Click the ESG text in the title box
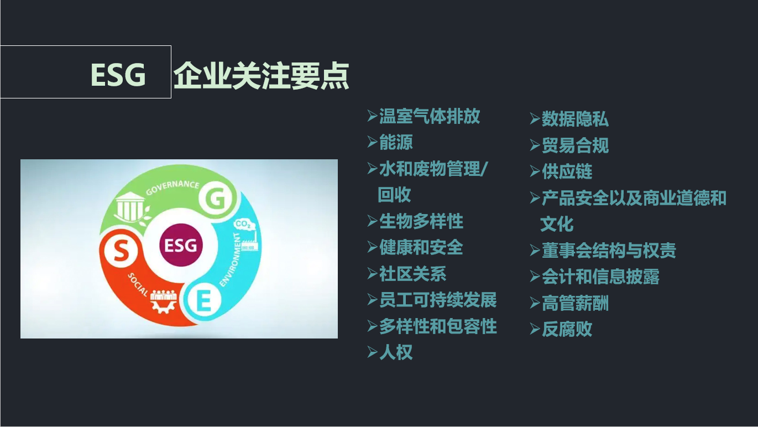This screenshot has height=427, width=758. [118, 75]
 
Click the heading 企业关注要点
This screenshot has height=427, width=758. [262, 76]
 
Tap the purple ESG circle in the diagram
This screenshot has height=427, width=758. [181, 245]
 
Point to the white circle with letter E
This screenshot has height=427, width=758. [204, 299]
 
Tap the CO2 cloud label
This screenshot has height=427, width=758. [244, 224]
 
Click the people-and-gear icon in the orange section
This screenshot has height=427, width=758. [164, 301]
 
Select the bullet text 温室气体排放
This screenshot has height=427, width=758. [430, 116]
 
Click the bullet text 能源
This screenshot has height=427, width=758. [396, 142]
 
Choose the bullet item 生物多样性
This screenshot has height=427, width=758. [421, 221]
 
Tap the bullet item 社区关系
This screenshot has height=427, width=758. [412, 274]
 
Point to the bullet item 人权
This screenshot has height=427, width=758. [396, 352]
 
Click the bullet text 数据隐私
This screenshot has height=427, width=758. [575, 119]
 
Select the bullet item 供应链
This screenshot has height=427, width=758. [567, 171]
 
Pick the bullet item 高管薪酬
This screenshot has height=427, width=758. [575, 303]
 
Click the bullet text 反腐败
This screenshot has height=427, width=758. [567, 329]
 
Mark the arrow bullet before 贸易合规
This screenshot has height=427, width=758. [535, 145]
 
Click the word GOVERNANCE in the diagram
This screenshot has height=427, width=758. [172, 188]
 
